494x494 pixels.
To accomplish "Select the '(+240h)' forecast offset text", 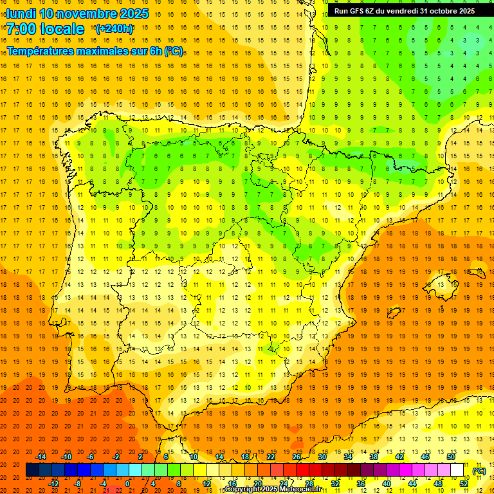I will pos(114,29).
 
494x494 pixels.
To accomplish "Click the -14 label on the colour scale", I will pos(41,457).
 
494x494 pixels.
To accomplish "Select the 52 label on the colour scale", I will pos(464,484).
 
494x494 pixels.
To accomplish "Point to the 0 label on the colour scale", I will pos(127,484).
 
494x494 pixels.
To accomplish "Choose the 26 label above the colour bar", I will pos(297,457).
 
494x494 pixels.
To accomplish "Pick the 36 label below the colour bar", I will pos(361,484).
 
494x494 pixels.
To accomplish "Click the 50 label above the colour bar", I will pos(451,457).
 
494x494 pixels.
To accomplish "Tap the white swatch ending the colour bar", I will pos(457,470).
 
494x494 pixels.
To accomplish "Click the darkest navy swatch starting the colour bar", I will pos(32,470).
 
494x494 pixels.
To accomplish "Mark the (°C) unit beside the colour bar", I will pos(479,471).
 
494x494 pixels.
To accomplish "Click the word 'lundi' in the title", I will pos(21,14).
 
